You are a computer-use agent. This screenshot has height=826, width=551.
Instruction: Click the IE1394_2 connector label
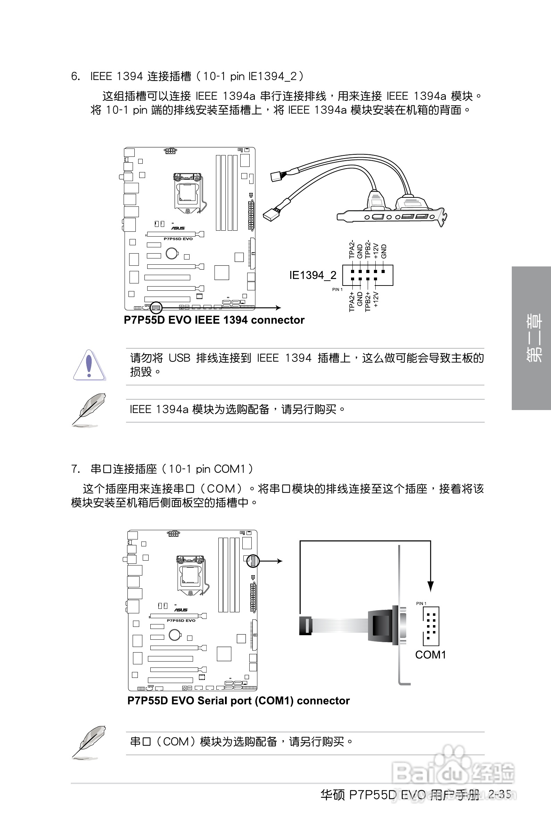tap(312, 275)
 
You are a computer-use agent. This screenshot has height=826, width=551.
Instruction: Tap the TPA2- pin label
tap(352, 249)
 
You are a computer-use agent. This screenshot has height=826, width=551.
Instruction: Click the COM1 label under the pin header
tap(430, 655)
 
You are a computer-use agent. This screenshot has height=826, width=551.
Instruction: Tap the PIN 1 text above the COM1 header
tap(421, 603)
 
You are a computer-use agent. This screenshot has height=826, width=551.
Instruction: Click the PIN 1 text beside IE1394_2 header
tap(337, 290)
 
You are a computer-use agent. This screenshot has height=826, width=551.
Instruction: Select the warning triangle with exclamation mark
tap(89, 365)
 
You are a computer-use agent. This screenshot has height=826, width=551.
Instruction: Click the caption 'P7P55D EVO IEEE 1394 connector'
tap(214, 320)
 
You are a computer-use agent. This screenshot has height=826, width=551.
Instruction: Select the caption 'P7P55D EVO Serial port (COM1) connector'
tap(238, 701)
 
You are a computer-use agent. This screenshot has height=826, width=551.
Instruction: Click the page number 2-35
tap(500, 794)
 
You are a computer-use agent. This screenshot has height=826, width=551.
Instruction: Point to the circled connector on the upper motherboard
tap(156, 308)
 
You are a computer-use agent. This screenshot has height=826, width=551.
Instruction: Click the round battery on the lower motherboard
tap(175, 635)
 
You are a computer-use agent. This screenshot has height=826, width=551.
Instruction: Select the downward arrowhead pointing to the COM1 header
tap(431, 586)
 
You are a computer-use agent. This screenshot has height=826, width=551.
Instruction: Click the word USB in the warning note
tap(180, 358)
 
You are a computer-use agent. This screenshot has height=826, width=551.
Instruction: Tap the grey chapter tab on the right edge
tap(531, 338)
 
